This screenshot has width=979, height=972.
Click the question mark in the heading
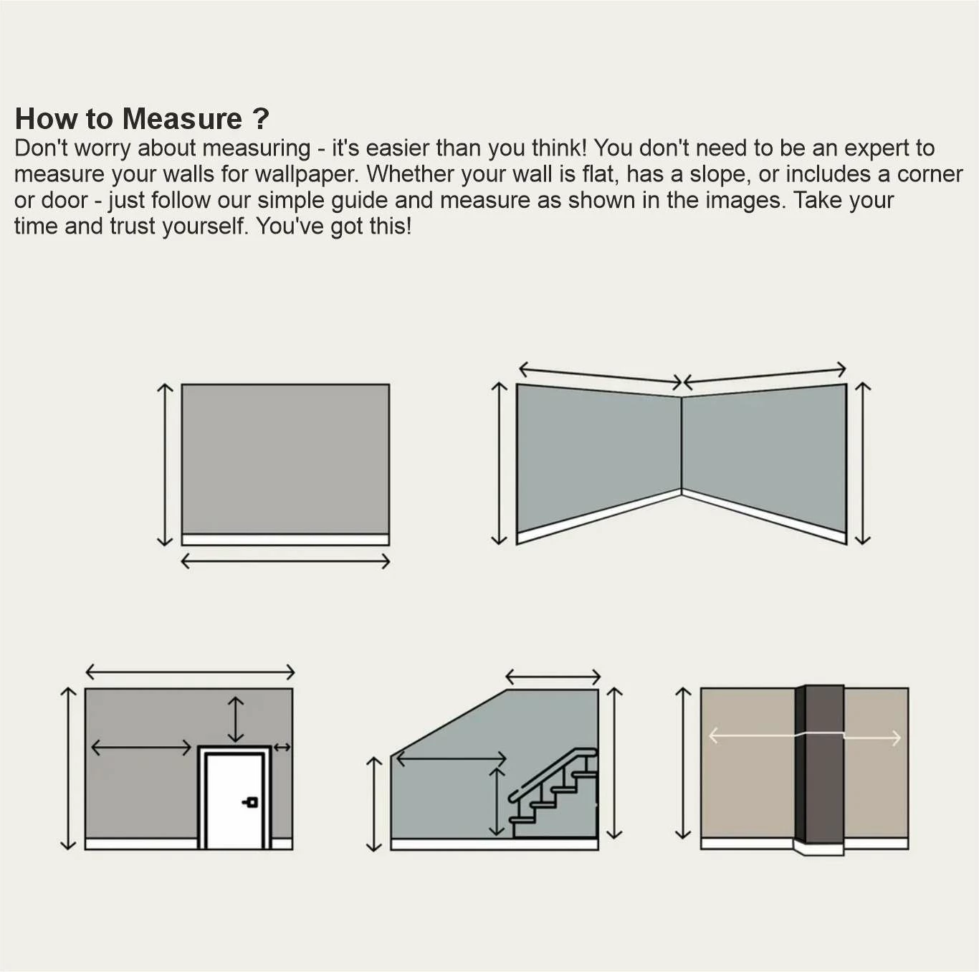(260, 119)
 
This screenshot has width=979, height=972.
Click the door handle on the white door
(251, 802)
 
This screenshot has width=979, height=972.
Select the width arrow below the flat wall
(285, 561)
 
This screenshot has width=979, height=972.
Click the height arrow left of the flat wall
(165, 464)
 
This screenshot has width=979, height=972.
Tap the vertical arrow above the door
(235, 719)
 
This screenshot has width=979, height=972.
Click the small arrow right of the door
(282, 748)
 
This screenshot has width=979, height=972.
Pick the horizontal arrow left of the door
(141, 748)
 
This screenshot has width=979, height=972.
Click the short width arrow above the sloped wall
(553, 676)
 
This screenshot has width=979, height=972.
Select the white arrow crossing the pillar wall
(804, 736)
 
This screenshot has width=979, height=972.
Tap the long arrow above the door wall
(190, 672)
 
